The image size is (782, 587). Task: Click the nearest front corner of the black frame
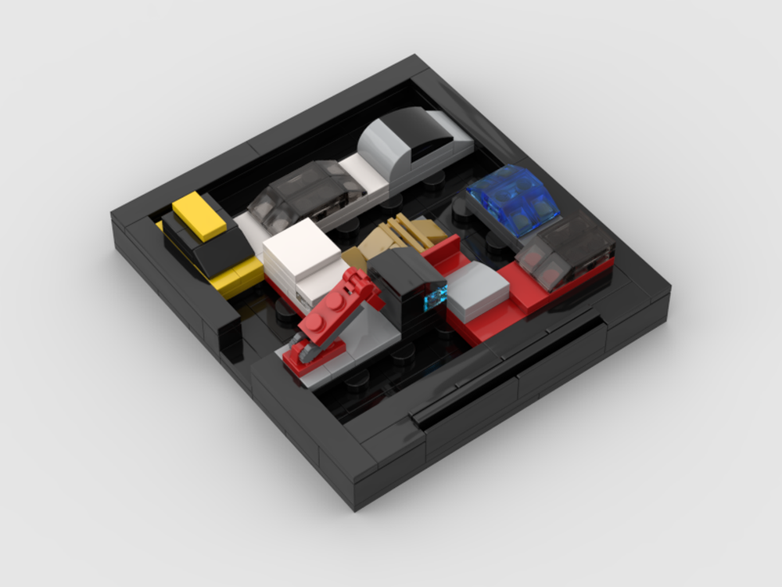pos(356,501)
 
